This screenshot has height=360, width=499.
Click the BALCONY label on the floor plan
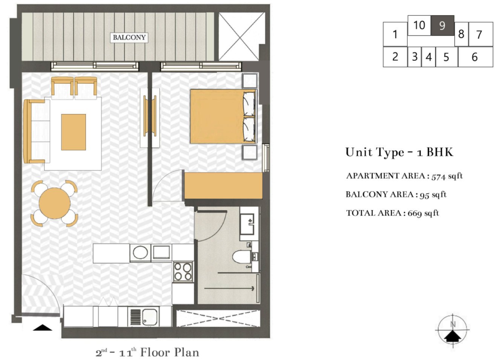click(129, 37)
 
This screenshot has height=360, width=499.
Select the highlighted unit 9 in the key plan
click(442, 26)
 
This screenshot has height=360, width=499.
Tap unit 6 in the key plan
click(475, 57)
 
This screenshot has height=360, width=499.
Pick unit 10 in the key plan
click(419, 25)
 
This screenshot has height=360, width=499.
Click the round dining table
click(55, 203)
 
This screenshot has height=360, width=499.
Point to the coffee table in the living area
click(74, 132)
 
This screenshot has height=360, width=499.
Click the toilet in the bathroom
click(241, 257)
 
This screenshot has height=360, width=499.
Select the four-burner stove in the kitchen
click(183, 272)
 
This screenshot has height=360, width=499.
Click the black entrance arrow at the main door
click(42, 328)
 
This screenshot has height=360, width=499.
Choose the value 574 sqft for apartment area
click(447, 176)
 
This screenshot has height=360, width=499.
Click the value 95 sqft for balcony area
click(433, 195)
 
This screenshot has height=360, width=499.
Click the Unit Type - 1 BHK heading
click(399, 152)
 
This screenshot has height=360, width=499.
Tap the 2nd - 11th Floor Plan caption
click(147, 353)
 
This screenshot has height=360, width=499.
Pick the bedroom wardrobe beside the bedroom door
click(223, 185)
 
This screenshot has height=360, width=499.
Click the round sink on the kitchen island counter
click(140, 252)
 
